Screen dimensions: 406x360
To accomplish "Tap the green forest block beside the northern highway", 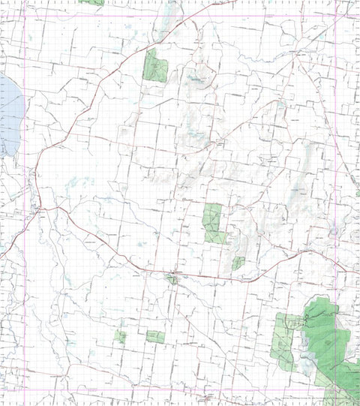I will pyautogui.click(x=155, y=65).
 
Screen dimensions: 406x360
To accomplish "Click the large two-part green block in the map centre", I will pyautogui.click(x=214, y=222).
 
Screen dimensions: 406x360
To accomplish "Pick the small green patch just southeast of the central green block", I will pyautogui.click(x=238, y=263).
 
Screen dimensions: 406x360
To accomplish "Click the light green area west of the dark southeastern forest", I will pyautogui.click(x=283, y=341).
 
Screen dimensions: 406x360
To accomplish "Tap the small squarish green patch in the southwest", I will pyautogui.click(x=120, y=336).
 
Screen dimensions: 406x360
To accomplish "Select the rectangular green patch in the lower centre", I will pyautogui.click(x=155, y=337).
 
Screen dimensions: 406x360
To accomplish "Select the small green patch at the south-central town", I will pyautogui.click(x=173, y=280).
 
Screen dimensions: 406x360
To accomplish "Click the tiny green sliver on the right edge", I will pyautogui.click(x=357, y=193).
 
